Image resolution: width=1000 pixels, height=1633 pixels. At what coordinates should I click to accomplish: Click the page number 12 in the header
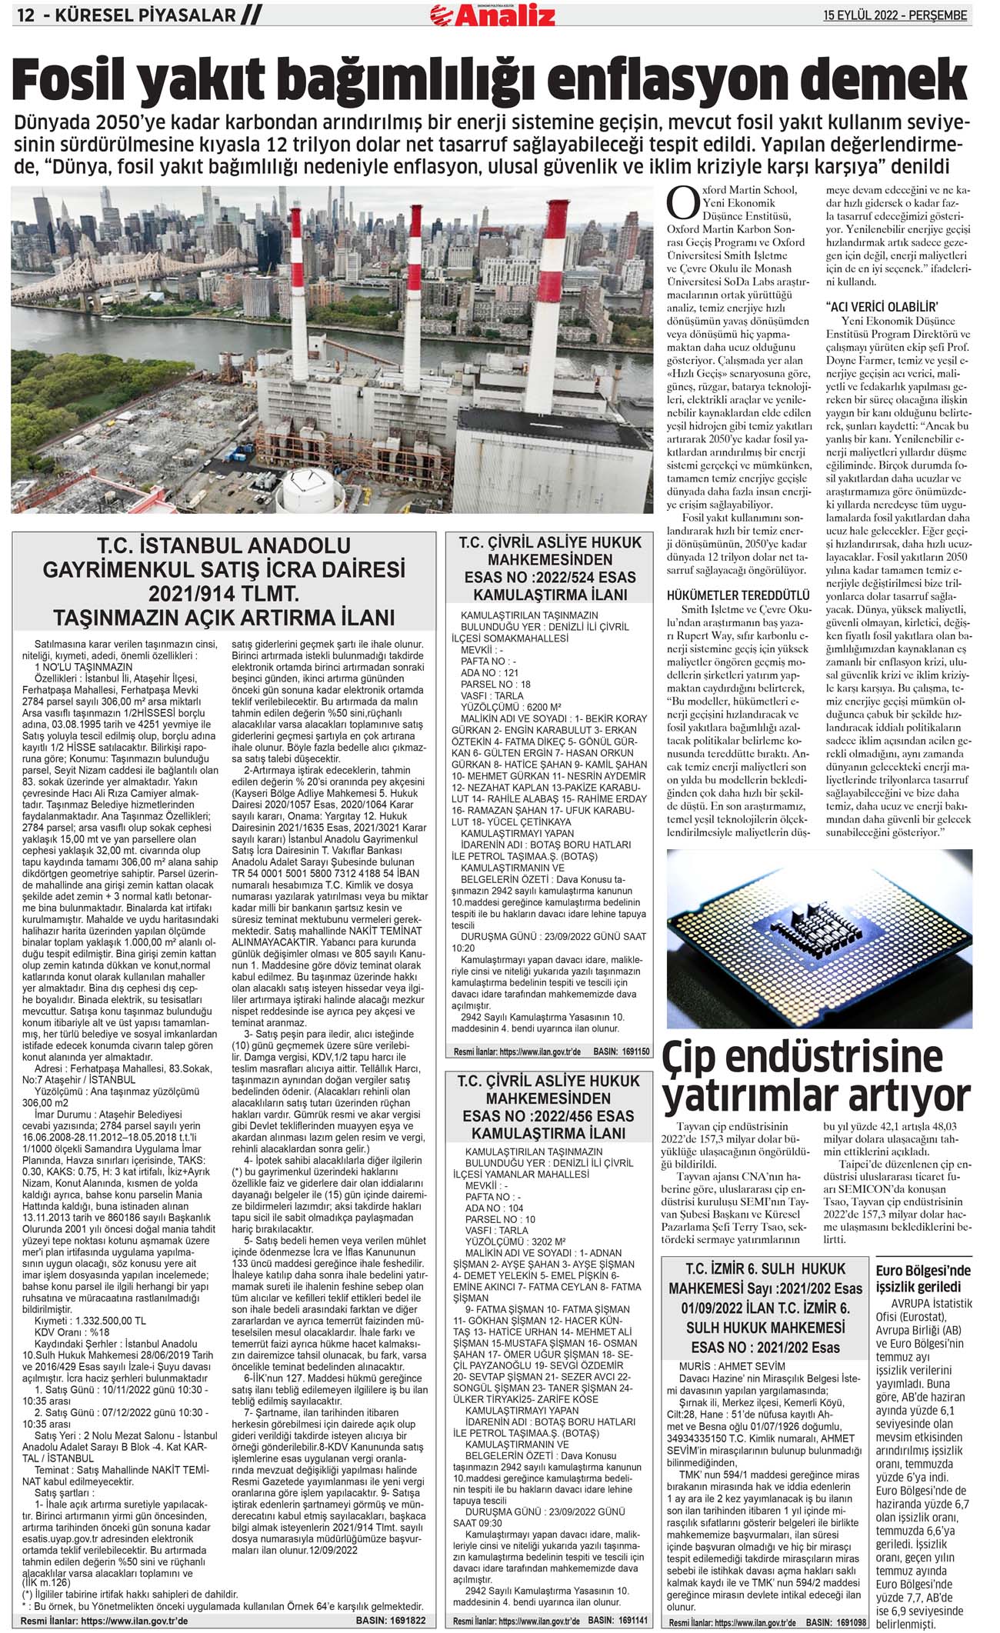tap(26, 15)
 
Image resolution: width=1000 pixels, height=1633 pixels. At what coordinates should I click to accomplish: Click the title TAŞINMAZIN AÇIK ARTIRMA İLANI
tap(224, 618)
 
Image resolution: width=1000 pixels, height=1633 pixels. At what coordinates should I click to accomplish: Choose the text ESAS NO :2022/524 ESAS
tap(550, 577)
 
